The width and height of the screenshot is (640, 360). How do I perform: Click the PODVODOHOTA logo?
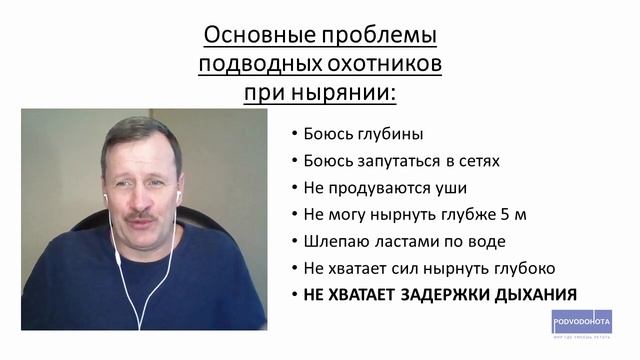tap(581, 322)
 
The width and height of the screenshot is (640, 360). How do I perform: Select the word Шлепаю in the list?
tap(332, 241)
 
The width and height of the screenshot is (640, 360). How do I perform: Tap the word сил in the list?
tap(403, 268)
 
